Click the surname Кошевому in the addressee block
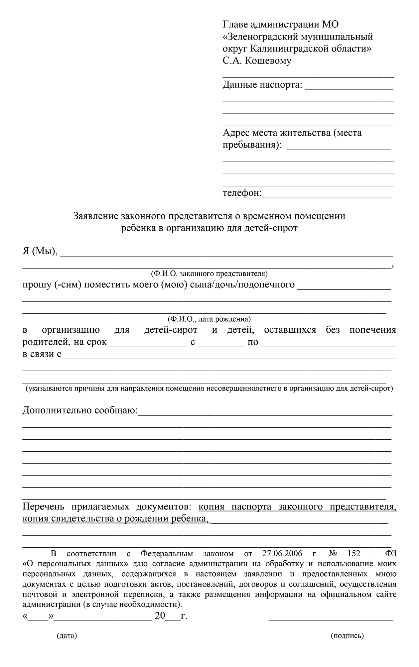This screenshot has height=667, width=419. (x=268, y=61)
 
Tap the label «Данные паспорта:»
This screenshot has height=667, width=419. (x=262, y=85)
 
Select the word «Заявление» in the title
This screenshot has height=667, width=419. (x=95, y=216)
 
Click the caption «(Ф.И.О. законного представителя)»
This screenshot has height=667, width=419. (x=209, y=274)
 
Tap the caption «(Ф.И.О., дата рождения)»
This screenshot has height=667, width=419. (x=209, y=319)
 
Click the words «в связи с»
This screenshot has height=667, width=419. (x=42, y=354)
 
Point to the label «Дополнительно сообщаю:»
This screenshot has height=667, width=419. (x=80, y=411)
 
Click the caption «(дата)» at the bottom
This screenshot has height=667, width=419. (x=67, y=636)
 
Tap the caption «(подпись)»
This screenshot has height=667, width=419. (x=348, y=636)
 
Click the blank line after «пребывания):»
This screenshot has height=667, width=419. (x=339, y=148)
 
